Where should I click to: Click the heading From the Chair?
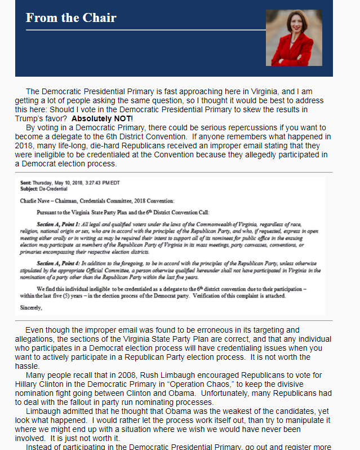pyautogui.click(x=71, y=18)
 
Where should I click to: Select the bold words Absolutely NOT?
pyautogui.click(x=102, y=118)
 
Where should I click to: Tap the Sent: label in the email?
pyautogui.click(x=26, y=183)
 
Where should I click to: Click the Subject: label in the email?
pyautogui.click(x=29, y=189)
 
